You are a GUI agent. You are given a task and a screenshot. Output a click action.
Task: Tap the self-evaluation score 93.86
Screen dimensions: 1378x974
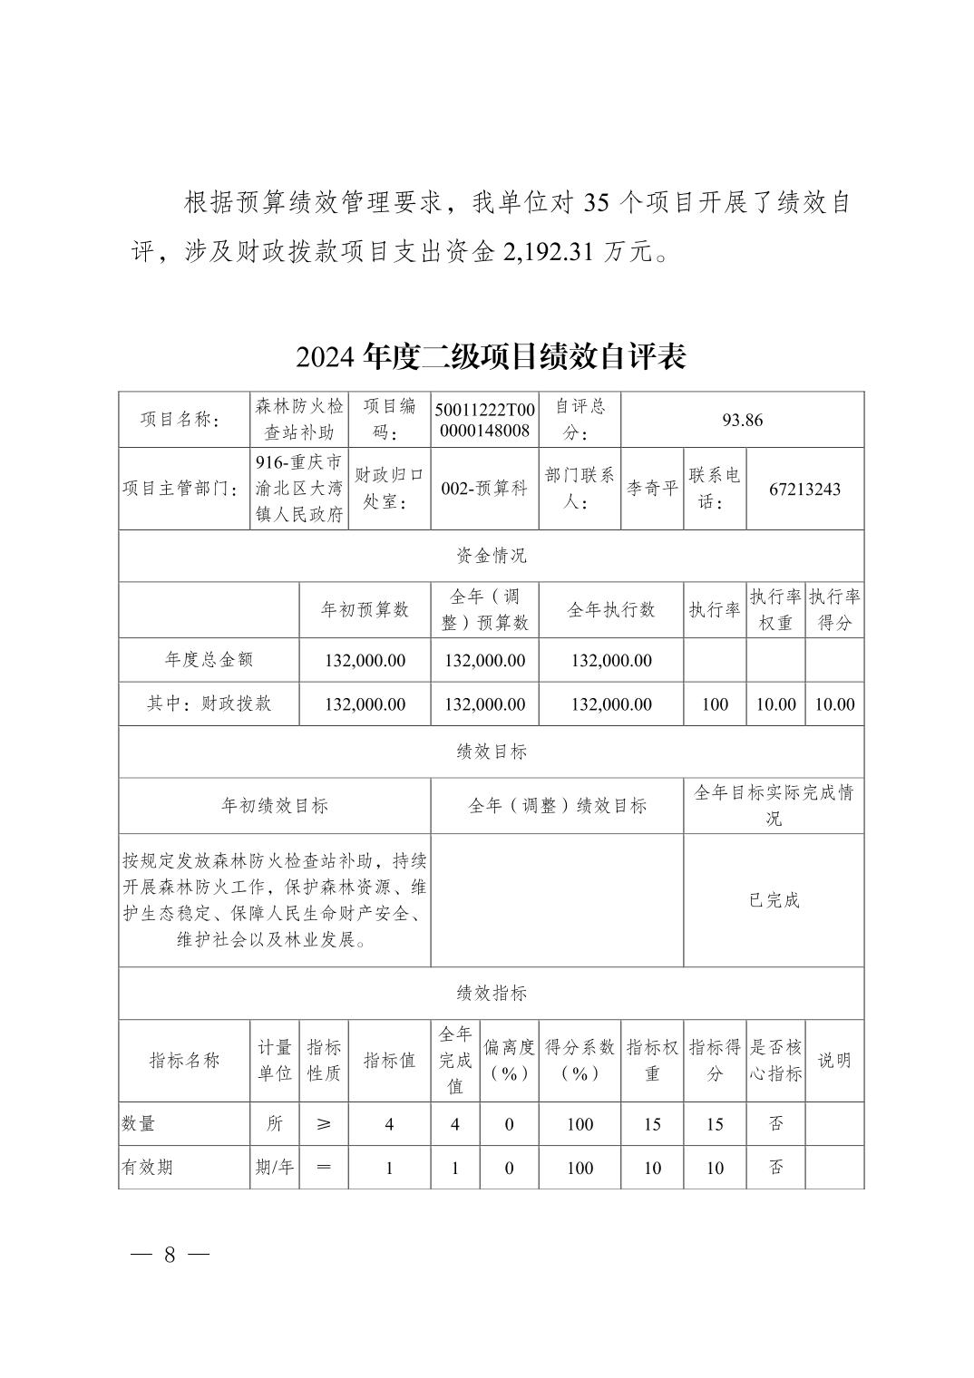tap(742, 420)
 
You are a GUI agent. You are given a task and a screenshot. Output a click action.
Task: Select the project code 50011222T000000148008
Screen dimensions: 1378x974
tap(484, 420)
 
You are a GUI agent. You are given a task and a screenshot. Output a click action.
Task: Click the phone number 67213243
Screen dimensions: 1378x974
tap(804, 490)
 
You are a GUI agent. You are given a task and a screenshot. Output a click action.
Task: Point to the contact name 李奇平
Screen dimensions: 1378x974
tap(652, 490)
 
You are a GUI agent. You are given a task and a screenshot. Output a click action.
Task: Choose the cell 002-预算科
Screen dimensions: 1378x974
tap(484, 490)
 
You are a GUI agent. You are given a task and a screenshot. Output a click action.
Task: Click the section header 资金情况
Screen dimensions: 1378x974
tap(491, 556)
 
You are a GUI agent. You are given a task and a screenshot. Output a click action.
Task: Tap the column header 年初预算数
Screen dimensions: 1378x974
tap(365, 610)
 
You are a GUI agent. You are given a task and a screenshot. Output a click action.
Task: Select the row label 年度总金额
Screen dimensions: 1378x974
tap(209, 660)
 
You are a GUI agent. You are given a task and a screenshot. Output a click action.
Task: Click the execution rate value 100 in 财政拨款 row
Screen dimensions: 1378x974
tap(715, 704)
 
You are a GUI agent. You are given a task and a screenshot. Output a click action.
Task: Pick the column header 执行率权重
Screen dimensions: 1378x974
tap(775, 610)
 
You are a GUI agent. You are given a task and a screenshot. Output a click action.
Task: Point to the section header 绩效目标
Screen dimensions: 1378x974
tap(491, 752)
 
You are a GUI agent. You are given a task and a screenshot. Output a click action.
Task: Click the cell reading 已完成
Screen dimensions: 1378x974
tap(774, 900)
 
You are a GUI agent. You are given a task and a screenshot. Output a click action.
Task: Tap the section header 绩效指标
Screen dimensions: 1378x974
tap(491, 993)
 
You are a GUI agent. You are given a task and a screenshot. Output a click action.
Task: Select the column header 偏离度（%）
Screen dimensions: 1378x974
tap(509, 1060)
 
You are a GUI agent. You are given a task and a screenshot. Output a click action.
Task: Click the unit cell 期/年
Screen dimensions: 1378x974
tap(274, 1168)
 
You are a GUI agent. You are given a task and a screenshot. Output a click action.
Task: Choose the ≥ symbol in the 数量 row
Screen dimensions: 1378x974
tap(324, 1124)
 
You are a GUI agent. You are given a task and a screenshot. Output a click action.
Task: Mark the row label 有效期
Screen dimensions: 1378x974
tap(147, 1168)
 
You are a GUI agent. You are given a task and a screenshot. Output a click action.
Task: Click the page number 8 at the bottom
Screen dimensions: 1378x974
tap(170, 1255)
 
